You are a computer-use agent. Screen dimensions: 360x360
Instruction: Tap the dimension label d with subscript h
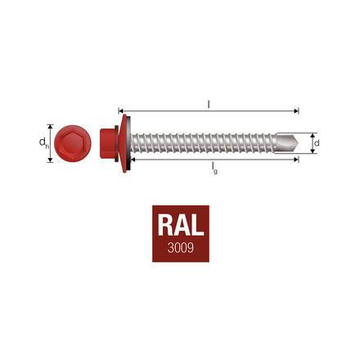[42, 144]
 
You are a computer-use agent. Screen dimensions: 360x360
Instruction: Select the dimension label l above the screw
[210, 104]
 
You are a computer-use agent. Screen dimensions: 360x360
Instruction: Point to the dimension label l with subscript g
[214, 169]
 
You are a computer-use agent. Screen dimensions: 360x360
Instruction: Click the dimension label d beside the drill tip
[317, 144]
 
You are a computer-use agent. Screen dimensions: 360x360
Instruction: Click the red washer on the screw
[124, 144]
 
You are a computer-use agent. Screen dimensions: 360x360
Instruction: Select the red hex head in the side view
[108, 144]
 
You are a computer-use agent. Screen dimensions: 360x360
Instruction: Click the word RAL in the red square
[179, 227]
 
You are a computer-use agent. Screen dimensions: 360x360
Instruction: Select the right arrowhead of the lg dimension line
[297, 161]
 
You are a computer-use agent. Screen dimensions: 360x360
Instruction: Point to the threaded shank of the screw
[205, 144]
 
